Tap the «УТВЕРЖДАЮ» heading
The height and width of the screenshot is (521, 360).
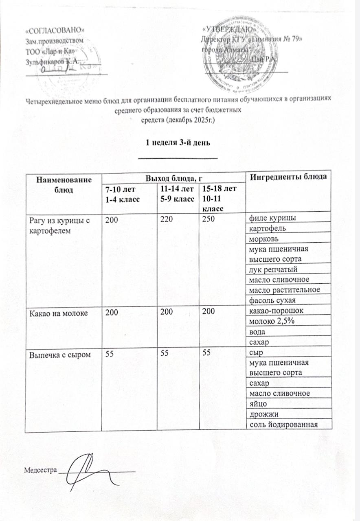(x=230, y=30)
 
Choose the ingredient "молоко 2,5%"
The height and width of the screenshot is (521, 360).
(x=267, y=322)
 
